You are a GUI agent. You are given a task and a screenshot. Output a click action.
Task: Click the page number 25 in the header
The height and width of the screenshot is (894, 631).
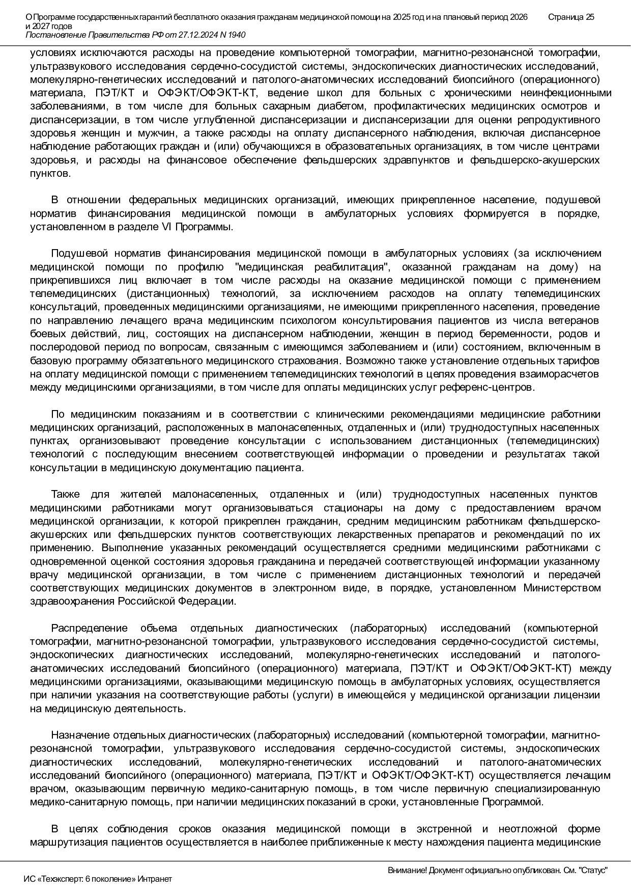click(589, 17)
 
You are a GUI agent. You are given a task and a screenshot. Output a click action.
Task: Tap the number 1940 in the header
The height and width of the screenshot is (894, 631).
click(236, 35)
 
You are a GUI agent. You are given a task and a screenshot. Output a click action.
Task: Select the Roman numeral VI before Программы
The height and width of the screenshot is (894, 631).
click(166, 227)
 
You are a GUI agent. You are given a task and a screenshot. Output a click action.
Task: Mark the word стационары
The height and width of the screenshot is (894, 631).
click(353, 508)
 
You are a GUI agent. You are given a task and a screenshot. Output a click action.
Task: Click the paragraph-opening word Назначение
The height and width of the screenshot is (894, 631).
click(80, 736)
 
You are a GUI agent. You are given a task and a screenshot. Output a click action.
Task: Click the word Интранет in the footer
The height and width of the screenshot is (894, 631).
click(155, 879)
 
